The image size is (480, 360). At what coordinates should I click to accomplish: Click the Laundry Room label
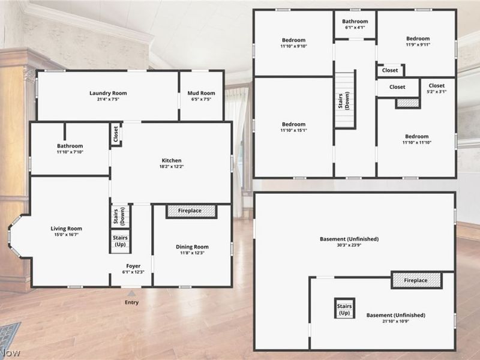pos(108,93)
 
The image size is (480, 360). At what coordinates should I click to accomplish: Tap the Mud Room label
pos(201,93)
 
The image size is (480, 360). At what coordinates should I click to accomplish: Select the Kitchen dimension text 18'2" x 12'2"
pos(172,167)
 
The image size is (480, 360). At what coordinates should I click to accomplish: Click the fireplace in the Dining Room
pos(191,211)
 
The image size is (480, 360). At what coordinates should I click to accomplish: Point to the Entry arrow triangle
pos(131,293)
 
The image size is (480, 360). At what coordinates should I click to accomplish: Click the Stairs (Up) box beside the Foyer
pos(121,241)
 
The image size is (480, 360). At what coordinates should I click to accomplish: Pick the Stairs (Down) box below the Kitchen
pos(121,216)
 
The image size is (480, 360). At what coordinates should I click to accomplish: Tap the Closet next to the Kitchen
pos(116,134)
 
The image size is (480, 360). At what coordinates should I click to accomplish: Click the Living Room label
pos(66,229)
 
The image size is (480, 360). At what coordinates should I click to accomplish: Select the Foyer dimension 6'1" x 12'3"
pos(133,272)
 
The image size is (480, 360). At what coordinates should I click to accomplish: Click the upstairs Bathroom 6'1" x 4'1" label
pos(355,24)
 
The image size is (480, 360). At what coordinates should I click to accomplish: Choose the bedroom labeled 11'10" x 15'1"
pos(293,127)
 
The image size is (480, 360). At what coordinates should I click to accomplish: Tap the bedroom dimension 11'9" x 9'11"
pos(418,44)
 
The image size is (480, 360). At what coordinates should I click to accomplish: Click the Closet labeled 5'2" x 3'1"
pos(437,88)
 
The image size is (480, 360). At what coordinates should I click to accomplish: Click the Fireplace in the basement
pos(416,280)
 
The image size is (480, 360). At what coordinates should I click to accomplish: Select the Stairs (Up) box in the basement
pos(344,308)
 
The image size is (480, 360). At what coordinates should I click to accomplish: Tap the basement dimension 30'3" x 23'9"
pos(349,245)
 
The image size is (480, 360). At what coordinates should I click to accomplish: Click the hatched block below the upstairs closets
pos(408,103)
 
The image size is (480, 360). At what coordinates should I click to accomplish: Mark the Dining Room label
pos(192,247)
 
